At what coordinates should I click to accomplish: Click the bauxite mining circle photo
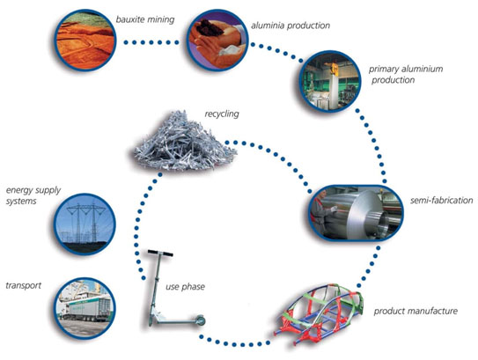(85, 40)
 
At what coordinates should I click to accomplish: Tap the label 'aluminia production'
(290, 26)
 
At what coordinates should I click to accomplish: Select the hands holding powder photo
(217, 40)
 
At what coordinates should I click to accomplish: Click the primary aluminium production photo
(330, 81)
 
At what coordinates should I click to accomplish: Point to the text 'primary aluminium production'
(406, 75)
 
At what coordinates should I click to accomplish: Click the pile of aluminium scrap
(186, 142)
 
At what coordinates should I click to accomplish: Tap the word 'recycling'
(222, 114)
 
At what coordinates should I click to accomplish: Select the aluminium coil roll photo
(356, 213)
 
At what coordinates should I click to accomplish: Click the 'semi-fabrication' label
(441, 201)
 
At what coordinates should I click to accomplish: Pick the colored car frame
(319, 314)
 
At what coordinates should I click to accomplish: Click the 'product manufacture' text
(415, 311)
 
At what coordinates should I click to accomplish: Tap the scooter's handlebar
(160, 253)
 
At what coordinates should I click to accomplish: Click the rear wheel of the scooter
(201, 320)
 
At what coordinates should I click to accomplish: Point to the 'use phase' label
(185, 287)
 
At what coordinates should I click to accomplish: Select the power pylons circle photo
(85, 224)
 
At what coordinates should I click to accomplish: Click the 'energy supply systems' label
(33, 195)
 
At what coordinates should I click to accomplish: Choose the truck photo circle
(85, 308)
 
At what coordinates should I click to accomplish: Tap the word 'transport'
(24, 285)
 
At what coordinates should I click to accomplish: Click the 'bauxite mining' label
(145, 20)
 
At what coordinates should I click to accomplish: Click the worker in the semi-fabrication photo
(323, 210)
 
